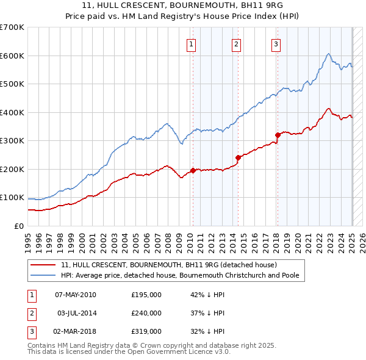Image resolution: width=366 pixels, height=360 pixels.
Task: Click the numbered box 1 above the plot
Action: (x=192, y=44)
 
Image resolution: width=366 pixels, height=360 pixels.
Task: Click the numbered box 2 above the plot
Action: (x=236, y=44)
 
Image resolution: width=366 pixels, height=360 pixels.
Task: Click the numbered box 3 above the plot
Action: (x=276, y=44)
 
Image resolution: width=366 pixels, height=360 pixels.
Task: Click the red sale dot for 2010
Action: (x=193, y=171)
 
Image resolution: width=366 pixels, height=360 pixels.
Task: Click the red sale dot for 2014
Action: (x=238, y=157)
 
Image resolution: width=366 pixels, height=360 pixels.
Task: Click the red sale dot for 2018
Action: (x=278, y=135)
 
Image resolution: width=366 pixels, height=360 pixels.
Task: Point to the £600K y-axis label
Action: (x=12, y=56)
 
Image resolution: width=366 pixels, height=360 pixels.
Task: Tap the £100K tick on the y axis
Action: (x=12, y=198)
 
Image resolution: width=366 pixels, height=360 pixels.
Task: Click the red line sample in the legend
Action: (x=43, y=265)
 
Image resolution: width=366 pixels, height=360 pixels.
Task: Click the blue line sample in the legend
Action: (x=43, y=275)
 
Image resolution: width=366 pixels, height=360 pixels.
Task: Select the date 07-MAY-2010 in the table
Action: (x=76, y=295)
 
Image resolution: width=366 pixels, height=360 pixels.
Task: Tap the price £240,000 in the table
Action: (x=146, y=313)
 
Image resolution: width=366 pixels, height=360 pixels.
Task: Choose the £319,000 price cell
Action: (x=146, y=331)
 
